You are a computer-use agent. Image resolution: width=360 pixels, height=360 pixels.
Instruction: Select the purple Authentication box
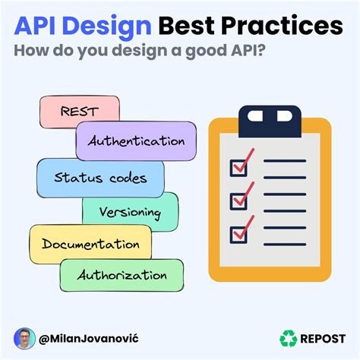[136, 141]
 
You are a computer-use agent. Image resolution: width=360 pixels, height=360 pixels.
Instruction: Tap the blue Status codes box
[100, 178]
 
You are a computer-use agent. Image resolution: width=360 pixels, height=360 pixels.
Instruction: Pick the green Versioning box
[130, 212]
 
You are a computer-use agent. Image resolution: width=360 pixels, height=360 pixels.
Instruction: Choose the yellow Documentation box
[90, 245]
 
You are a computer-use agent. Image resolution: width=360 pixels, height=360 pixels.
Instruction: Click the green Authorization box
[122, 275]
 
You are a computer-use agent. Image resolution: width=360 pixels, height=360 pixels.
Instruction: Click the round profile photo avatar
[25, 339]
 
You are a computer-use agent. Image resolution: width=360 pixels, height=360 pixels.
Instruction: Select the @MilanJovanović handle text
[93, 339]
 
